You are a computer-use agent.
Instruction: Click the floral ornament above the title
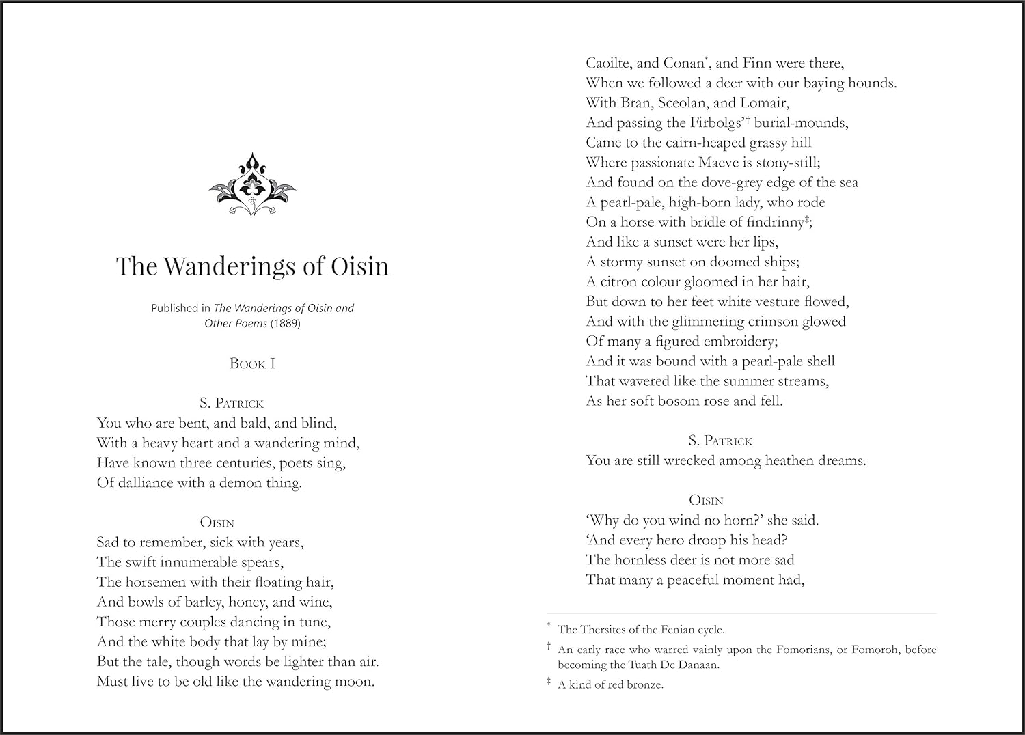252,184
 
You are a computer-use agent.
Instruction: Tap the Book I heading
252,363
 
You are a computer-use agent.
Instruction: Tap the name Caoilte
610,64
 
